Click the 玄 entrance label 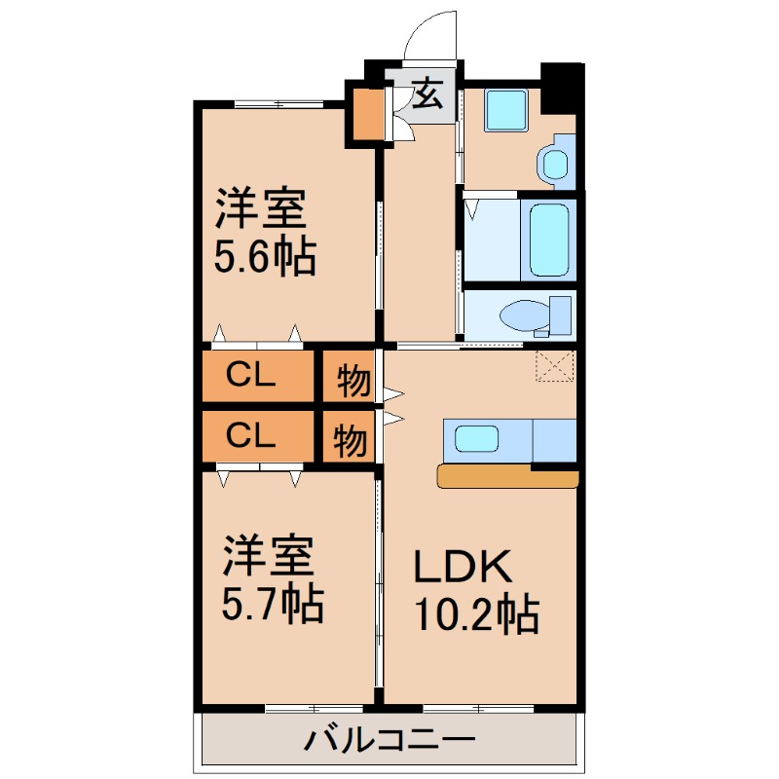click(427, 95)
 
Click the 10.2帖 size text click(477, 615)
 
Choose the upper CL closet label click(250, 374)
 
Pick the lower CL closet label click(250, 435)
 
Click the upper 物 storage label click(352, 382)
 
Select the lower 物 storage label click(351, 441)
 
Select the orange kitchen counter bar click(507, 477)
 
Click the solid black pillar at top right click(562, 87)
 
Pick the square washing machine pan click(505, 110)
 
